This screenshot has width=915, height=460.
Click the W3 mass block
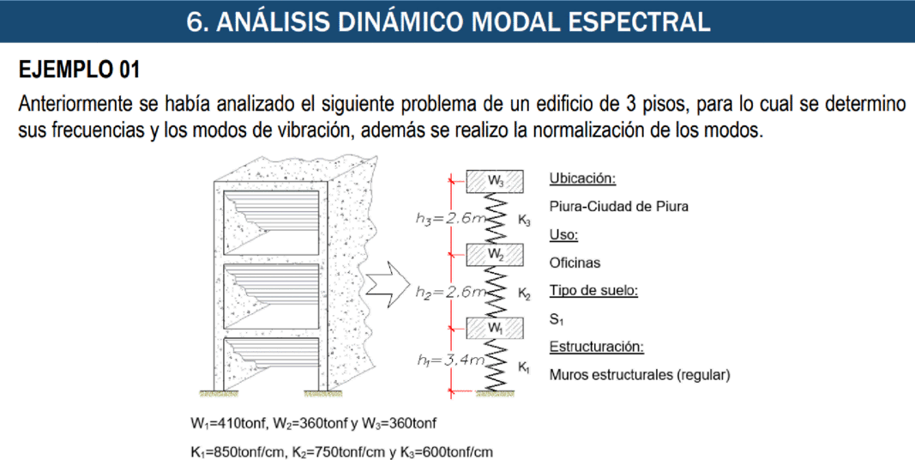[494, 182]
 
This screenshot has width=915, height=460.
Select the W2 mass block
[494, 255]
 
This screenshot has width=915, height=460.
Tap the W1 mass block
[494, 328]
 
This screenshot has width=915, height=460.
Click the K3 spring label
[523, 221]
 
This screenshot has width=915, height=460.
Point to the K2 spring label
[523, 294]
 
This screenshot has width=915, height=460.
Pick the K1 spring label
[523, 367]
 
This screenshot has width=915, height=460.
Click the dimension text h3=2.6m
[450, 218]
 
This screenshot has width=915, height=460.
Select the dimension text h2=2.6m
[450, 292]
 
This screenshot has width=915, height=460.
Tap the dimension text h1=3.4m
[451, 360]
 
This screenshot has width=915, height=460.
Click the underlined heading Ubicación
[582, 179]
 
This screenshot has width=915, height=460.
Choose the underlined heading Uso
[563, 234]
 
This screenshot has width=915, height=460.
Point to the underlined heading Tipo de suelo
[593, 291]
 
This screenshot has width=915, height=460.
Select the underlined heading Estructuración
[596, 347]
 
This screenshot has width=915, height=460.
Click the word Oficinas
[575, 263]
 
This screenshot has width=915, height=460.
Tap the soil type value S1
[557, 319]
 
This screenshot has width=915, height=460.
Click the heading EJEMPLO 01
[80, 70]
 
